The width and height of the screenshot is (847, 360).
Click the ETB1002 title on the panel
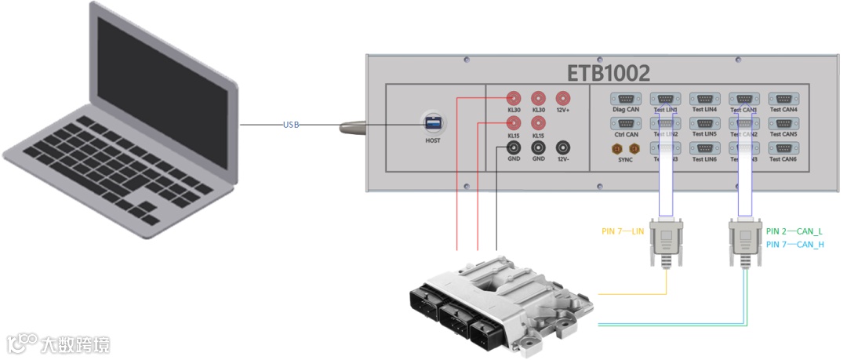[x=609, y=73]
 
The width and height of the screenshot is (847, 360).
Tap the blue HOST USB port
[x=432, y=124]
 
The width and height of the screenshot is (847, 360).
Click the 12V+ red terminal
[x=563, y=98]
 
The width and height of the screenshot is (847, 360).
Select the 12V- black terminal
[x=563, y=147]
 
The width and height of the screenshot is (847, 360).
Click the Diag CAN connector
[x=626, y=99]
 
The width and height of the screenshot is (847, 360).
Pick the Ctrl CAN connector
[x=626, y=123]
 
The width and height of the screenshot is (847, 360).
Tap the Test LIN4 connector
[x=703, y=99]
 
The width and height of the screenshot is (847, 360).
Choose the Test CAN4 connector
[x=783, y=99]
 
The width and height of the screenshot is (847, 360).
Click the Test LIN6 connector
[x=703, y=147]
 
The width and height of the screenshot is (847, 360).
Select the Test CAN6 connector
[x=783, y=147]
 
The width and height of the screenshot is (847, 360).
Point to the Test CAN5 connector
[x=783, y=123]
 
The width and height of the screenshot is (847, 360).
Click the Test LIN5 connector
[x=703, y=123]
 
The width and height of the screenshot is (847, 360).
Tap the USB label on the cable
[x=291, y=125]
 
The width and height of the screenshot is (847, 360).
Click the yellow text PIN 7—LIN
[x=623, y=231]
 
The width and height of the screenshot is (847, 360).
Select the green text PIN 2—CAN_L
[x=794, y=231]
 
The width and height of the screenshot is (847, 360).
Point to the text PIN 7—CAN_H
[x=794, y=245]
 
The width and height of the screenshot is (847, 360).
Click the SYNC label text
[x=625, y=159]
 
